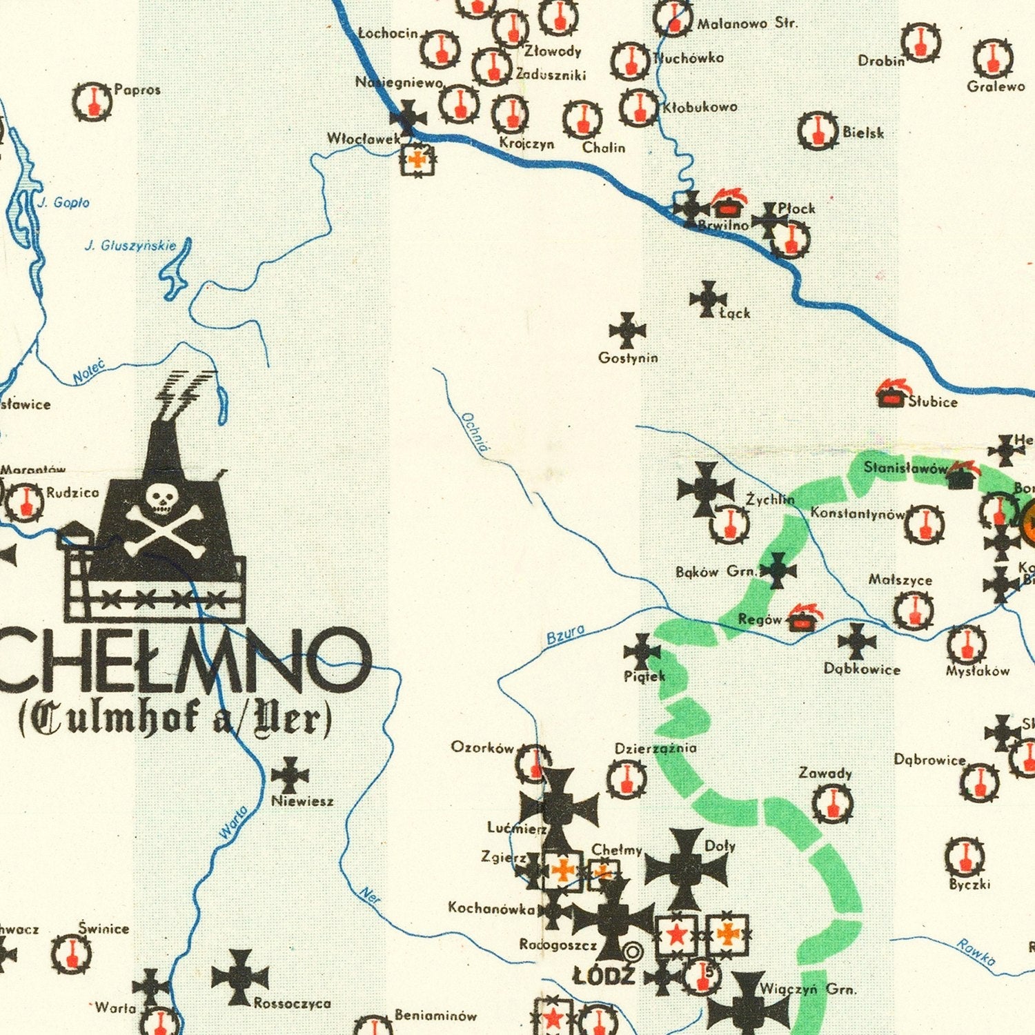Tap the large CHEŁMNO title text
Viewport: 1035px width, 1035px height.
[183, 661]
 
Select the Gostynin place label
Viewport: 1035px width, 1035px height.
[628, 358]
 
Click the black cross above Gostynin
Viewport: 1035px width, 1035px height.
[627, 330]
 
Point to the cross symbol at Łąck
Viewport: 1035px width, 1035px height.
[708, 299]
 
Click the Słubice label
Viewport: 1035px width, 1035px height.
[933, 402]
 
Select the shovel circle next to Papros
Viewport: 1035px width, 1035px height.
[92, 102]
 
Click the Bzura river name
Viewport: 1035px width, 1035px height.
[565, 633]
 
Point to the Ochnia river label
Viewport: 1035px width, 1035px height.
[475, 432]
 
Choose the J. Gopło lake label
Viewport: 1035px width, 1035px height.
[63, 203]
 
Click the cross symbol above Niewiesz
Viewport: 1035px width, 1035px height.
[290, 776]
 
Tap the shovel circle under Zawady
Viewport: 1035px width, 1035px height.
[832, 805]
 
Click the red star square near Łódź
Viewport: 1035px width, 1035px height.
[676, 935]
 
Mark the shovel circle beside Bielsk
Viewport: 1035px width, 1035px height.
[818, 131]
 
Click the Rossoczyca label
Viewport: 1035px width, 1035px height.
[293, 1003]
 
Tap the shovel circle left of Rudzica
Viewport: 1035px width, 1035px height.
[25, 502]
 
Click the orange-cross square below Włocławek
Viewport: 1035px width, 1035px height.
[417, 159]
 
